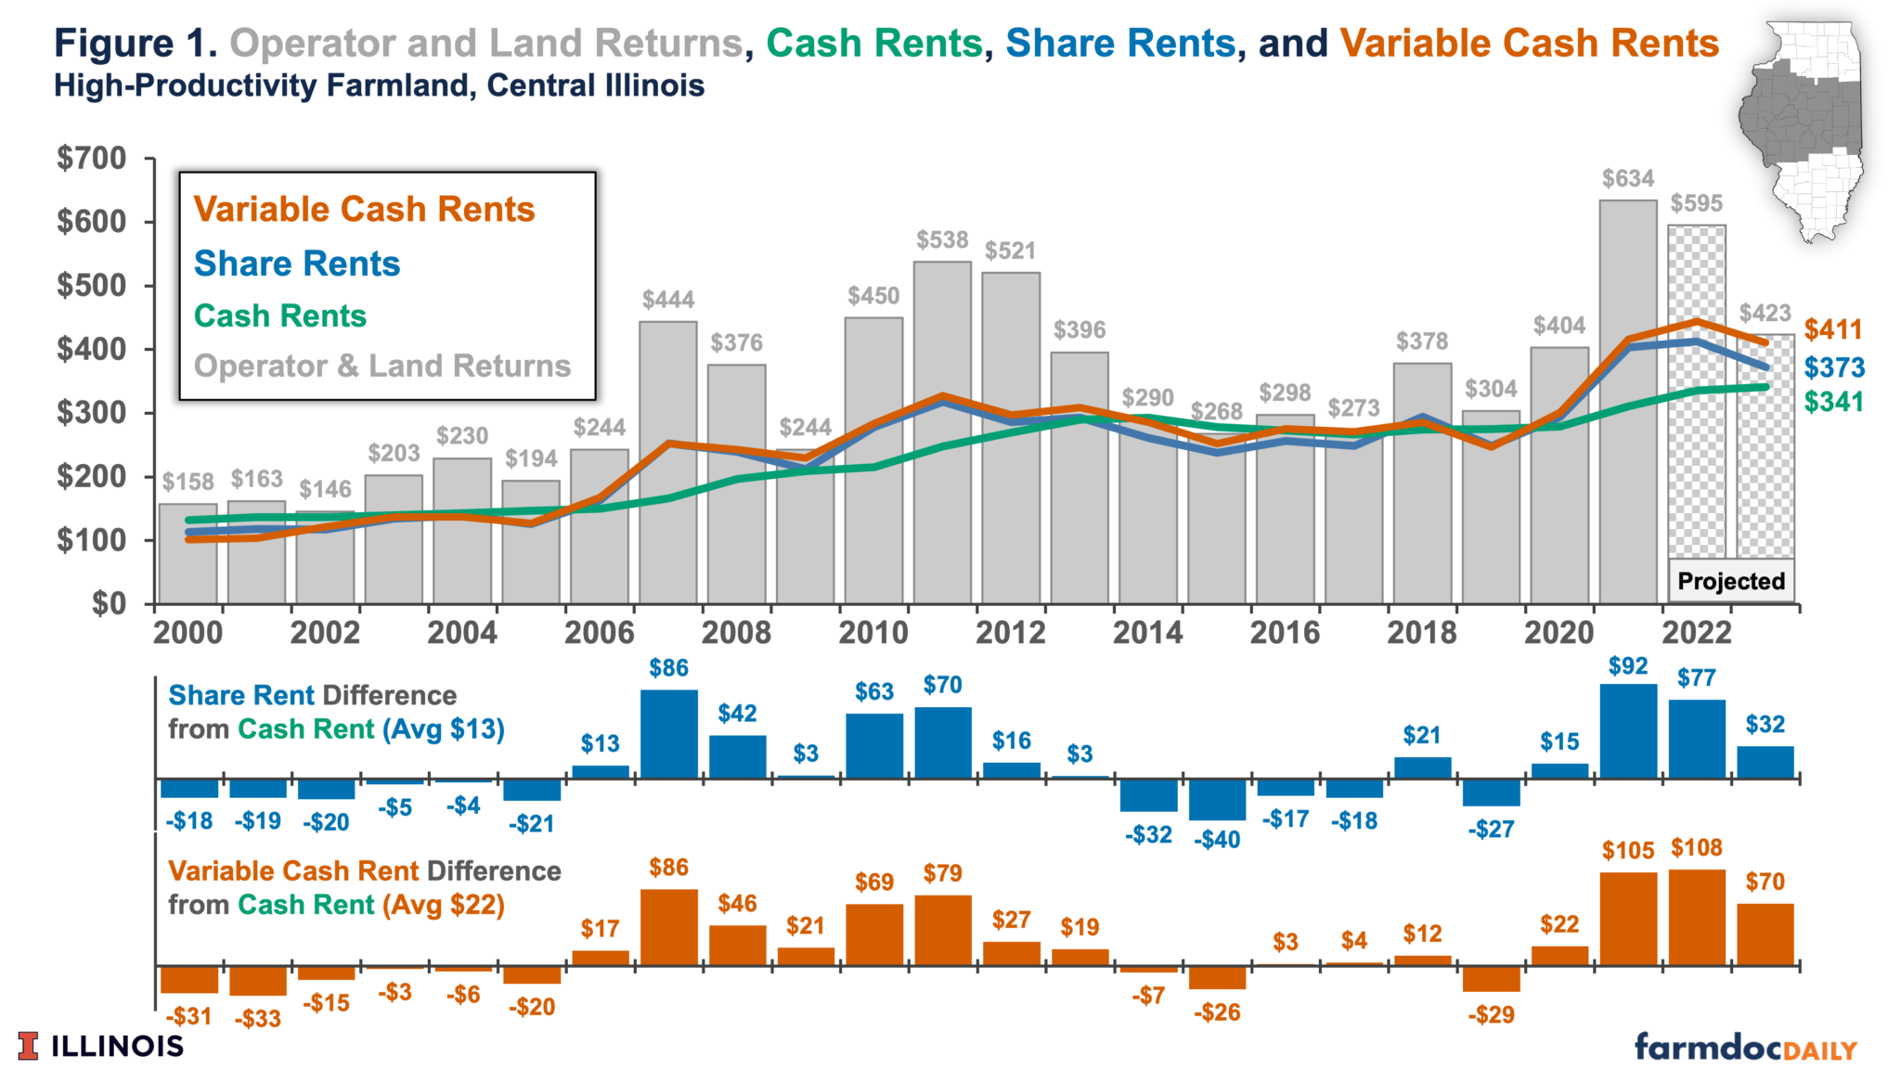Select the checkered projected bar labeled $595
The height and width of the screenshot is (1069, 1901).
point(1697,390)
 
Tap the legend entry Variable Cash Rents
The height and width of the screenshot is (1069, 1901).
point(364,210)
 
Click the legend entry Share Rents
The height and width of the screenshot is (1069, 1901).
point(297,264)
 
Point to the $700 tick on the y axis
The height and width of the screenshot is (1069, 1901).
point(92,159)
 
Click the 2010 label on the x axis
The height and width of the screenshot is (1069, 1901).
point(873,633)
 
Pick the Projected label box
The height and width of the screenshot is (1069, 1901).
point(1731,582)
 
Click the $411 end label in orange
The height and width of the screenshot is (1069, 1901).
point(1833,329)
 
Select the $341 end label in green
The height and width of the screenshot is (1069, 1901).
point(1833,402)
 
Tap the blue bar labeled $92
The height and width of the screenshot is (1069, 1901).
point(1628,731)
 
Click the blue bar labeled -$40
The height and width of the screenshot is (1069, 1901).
point(1217,799)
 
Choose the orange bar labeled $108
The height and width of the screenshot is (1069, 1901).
point(1697,917)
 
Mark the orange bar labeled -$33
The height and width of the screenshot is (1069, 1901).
point(257,981)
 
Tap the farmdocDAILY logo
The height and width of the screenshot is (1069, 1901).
point(1745,1047)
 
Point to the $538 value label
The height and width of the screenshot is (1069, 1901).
point(942,240)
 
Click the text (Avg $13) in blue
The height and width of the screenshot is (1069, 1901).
point(444,729)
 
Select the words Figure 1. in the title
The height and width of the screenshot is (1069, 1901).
point(136,44)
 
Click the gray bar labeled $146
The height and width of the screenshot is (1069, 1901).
point(325,557)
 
